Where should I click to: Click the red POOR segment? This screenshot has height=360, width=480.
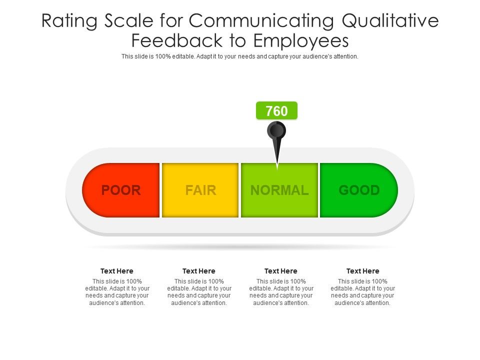click(121, 190)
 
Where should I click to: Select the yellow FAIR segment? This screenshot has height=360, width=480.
click(200, 190)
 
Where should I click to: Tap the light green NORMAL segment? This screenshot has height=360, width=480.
click(279, 190)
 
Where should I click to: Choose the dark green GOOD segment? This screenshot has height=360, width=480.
click(359, 190)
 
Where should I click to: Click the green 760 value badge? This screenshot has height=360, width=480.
click(276, 111)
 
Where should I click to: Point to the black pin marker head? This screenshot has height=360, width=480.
click(276, 131)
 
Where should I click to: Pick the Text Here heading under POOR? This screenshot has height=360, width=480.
click(117, 271)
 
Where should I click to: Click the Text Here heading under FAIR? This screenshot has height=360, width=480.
click(199, 271)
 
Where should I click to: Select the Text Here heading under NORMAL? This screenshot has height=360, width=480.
click(281, 271)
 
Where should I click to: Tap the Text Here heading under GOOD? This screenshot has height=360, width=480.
click(363, 271)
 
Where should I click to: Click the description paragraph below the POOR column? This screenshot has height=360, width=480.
click(117, 292)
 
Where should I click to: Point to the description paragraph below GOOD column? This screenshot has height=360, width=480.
click(363, 292)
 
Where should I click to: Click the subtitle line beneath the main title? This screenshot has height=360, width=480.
click(240, 56)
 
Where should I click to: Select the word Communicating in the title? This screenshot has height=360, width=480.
click(261, 21)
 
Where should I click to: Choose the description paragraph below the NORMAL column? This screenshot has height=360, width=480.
click(281, 292)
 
